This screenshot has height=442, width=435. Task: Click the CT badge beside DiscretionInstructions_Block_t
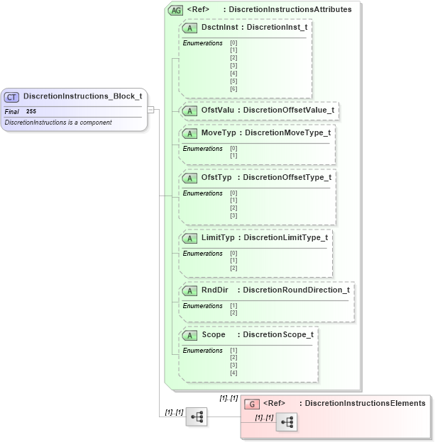click(12, 96)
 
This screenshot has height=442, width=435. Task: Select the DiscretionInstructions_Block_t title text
click(82, 96)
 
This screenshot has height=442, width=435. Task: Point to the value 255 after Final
click(31, 111)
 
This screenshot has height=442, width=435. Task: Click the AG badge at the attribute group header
click(175, 10)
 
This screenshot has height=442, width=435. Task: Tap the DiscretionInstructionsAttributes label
click(290, 10)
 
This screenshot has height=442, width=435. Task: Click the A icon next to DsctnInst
click(189, 28)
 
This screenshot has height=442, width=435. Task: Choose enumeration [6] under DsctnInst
click(233, 89)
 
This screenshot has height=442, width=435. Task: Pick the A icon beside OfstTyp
click(189, 177)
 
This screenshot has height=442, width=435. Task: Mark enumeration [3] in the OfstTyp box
click(233, 215)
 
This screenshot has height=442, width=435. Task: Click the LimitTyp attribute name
click(218, 237)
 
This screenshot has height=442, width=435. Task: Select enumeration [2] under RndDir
click(233, 312)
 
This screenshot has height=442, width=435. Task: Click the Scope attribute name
click(214, 334)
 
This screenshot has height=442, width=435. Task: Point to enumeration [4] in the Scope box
click(233, 373)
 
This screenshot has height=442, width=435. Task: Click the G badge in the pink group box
click(251, 404)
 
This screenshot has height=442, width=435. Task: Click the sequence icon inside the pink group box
click(287, 422)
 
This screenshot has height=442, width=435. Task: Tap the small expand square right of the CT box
click(150, 110)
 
